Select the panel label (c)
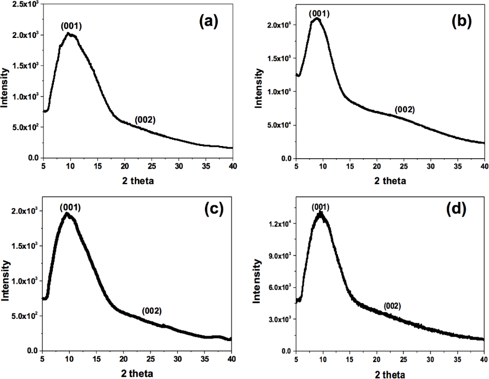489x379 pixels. pyautogui.click(x=214, y=209)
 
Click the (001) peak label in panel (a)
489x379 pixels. pyautogui.click(x=72, y=26)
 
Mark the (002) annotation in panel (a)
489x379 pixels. pyautogui.click(x=145, y=120)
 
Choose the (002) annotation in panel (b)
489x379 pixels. pyautogui.click(x=405, y=110)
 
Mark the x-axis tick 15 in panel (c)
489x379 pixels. pyautogui.click(x=97, y=359)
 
